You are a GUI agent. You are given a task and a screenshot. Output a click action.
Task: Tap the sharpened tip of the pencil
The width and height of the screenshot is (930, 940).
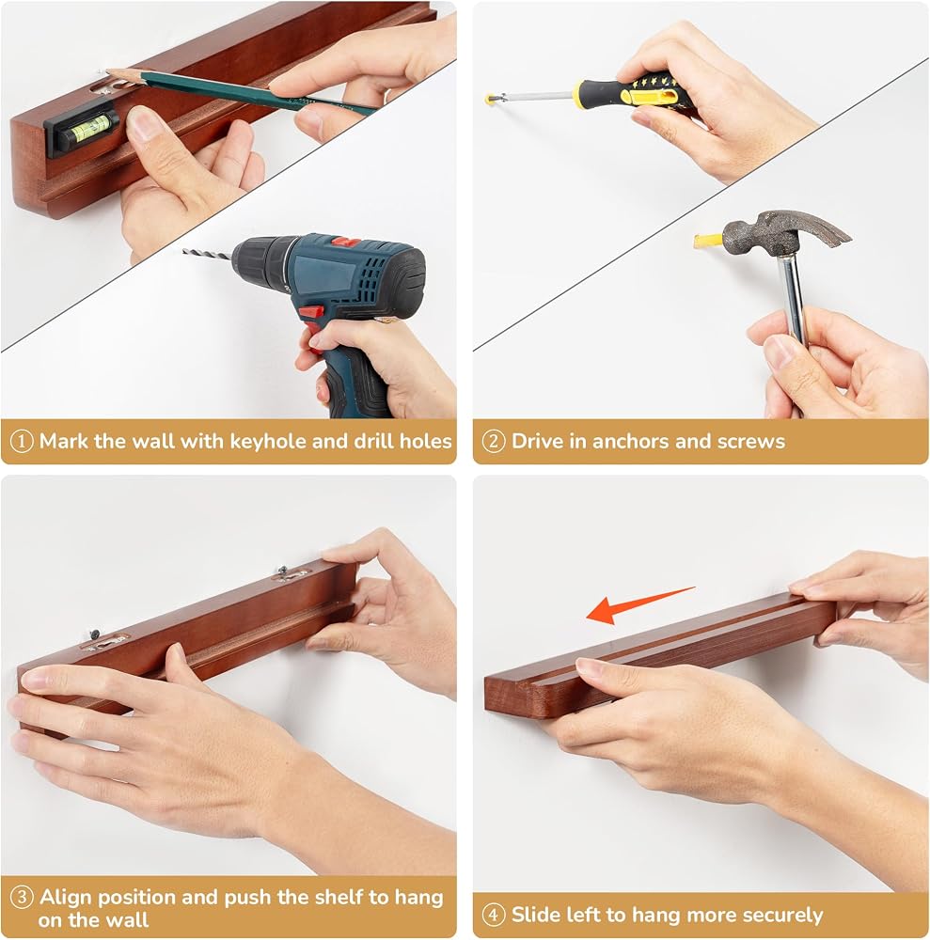[x=108, y=71]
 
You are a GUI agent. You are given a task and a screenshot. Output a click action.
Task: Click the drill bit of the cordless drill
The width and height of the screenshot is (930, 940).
[x=208, y=254]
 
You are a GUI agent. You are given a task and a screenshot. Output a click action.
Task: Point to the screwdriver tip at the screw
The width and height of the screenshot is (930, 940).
[x=489, y=98]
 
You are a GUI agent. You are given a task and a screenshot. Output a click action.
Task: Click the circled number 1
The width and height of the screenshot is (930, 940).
[x=22, y=442]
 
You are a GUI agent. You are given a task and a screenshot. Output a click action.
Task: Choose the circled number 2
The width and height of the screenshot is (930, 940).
[x=494, y=442]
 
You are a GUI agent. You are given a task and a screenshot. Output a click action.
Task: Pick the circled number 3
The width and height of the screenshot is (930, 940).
[x=22, y=898]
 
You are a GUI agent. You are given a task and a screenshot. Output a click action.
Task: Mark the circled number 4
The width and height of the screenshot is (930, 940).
[x=494, y=915]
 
